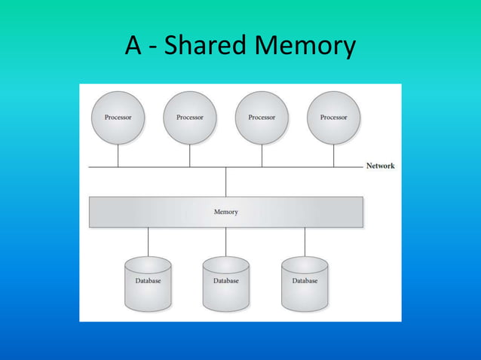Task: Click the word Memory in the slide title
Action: (305, 47)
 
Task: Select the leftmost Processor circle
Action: (118, 117)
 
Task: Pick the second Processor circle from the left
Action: (189, 117)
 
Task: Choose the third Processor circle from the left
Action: (262, 117)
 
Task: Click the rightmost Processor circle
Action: (333, 117)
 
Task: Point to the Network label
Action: (380, 166)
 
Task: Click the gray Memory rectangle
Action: (225, 212)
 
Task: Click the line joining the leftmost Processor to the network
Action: (118, 156)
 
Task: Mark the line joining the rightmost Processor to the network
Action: (333, 156)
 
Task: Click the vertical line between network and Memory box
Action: (225, 182)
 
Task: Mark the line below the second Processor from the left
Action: (189, 156)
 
